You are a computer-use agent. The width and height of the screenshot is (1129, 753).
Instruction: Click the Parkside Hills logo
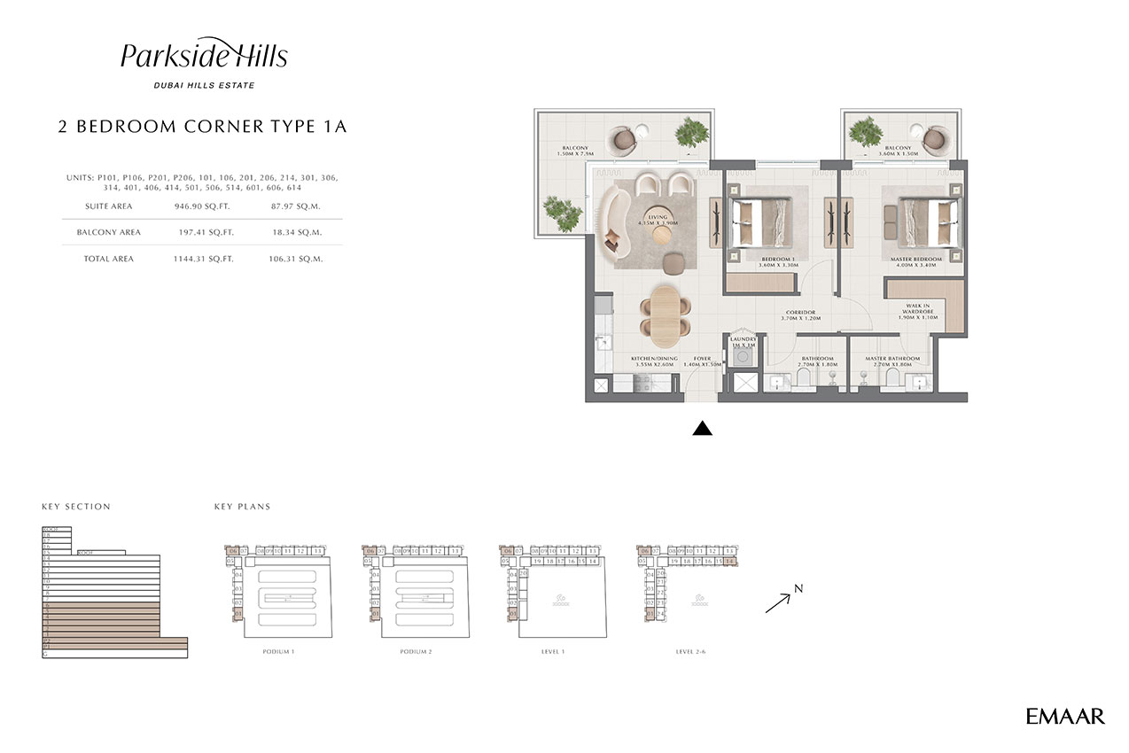204,57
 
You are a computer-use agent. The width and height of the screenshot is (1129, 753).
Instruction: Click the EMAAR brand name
1065,716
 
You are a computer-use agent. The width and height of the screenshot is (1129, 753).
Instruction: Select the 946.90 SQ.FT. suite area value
204,206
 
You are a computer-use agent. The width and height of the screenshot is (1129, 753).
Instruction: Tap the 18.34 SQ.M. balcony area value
297,232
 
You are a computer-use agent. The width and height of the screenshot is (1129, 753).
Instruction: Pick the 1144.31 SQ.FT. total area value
204,259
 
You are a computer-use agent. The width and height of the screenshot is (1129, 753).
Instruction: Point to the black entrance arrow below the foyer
702,429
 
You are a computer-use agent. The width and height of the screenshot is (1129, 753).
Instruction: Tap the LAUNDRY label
742,338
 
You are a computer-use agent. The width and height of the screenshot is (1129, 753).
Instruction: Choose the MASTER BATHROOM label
892,359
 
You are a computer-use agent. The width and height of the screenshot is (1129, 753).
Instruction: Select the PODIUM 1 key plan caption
278,651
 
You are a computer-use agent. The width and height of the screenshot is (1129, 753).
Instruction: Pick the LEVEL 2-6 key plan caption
690,651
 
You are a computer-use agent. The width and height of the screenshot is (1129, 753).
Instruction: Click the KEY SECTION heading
76,507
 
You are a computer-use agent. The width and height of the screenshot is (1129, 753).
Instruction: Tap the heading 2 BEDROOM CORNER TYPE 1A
202,127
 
